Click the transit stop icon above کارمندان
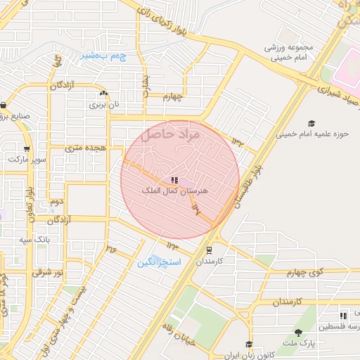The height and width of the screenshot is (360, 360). [x=209, y=250]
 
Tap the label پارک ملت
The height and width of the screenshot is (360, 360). [x=305, y=343]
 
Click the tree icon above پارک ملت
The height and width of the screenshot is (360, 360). [x=298, y=333]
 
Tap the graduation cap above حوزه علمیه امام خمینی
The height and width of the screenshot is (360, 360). [x=311, y=122]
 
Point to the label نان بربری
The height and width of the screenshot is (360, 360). [x=104, y=104]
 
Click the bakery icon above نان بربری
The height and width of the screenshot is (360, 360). [x=104, y=94]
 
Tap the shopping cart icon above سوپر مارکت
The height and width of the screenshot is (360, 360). [x=27, y=149]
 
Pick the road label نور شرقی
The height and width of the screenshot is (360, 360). [x=50, y=271]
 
